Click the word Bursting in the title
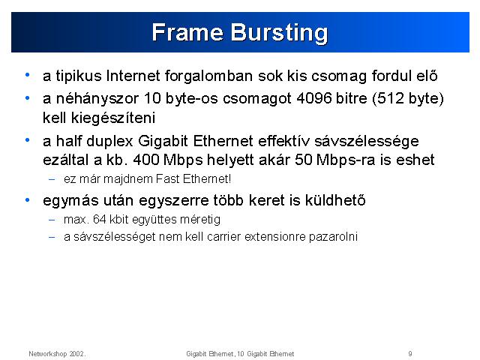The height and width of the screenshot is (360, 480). pos(279,33)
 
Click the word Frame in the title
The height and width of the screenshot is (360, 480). pos(187,31)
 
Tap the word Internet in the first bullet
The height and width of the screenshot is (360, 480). pos(133,76)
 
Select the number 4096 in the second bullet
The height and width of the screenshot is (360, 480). pos(314,98)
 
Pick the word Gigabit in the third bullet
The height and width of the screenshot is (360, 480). pos(163,141)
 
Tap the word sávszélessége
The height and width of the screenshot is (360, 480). pos(367,142)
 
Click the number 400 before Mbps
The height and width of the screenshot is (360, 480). pos(146,160)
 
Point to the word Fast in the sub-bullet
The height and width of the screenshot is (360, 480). pos(167,178)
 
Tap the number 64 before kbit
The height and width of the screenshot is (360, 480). pos(100,220)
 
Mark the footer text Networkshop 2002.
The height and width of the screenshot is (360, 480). pos(57,354)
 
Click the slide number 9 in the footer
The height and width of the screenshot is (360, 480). pos(410,354)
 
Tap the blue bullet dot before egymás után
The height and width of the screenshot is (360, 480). pos(28,200)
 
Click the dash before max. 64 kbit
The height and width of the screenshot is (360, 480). pos(52,220)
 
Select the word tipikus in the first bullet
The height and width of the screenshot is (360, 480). pos(79,76)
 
